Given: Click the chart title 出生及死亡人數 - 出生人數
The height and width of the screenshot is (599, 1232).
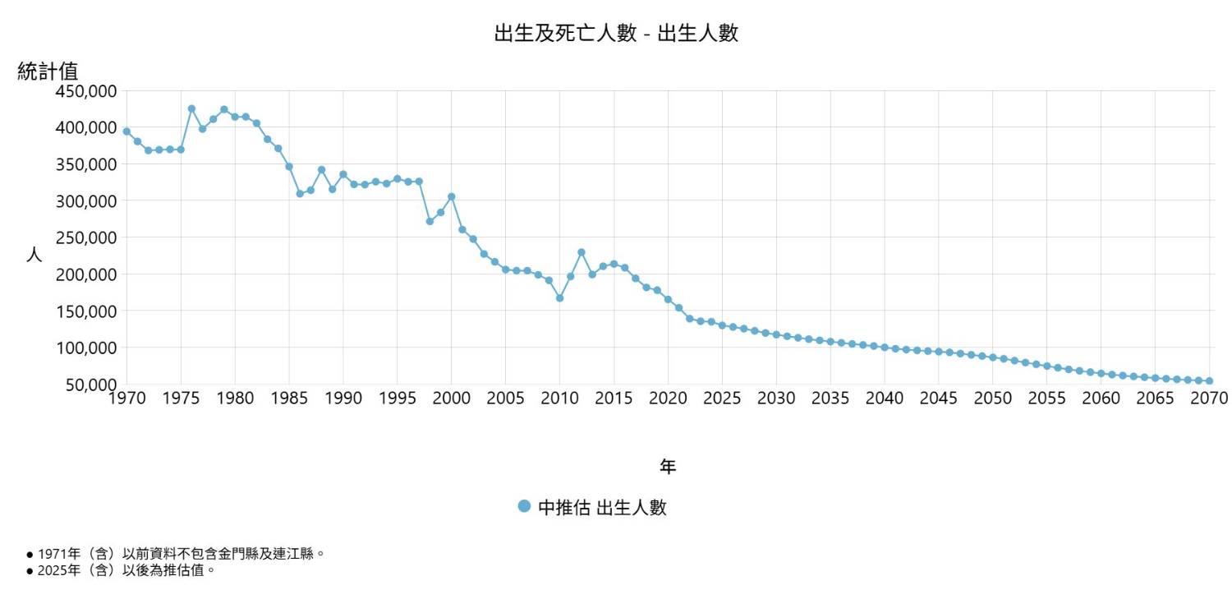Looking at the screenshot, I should [616, 34].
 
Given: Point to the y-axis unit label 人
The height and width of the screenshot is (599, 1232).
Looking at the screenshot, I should [34, 255].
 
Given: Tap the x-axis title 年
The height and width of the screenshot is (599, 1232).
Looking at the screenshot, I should [668, 467].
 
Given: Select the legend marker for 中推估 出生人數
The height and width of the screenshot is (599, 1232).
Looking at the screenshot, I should [524, 506].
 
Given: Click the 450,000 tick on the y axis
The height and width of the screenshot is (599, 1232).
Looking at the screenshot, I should [86, 90].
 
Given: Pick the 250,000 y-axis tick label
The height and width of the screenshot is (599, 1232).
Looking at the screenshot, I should [86, 237].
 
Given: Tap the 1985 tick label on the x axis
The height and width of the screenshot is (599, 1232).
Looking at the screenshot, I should [289, 399].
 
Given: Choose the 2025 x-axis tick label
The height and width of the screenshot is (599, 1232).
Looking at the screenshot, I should [722, 399].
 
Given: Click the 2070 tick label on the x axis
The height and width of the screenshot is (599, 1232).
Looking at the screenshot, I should [1208, 399].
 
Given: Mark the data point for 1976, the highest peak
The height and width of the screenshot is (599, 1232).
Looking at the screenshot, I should [191, 108].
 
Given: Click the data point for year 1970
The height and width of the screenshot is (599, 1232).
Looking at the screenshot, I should [126, 131].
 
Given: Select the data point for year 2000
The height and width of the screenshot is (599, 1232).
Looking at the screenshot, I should [451, 196].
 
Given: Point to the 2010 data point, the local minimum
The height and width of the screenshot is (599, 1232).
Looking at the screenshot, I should [559, 298].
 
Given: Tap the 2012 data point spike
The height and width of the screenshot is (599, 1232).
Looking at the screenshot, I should [581, 252].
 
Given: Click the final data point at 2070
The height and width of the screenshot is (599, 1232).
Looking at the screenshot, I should [1209, 381].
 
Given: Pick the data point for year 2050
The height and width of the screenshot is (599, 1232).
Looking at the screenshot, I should [992, 357].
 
